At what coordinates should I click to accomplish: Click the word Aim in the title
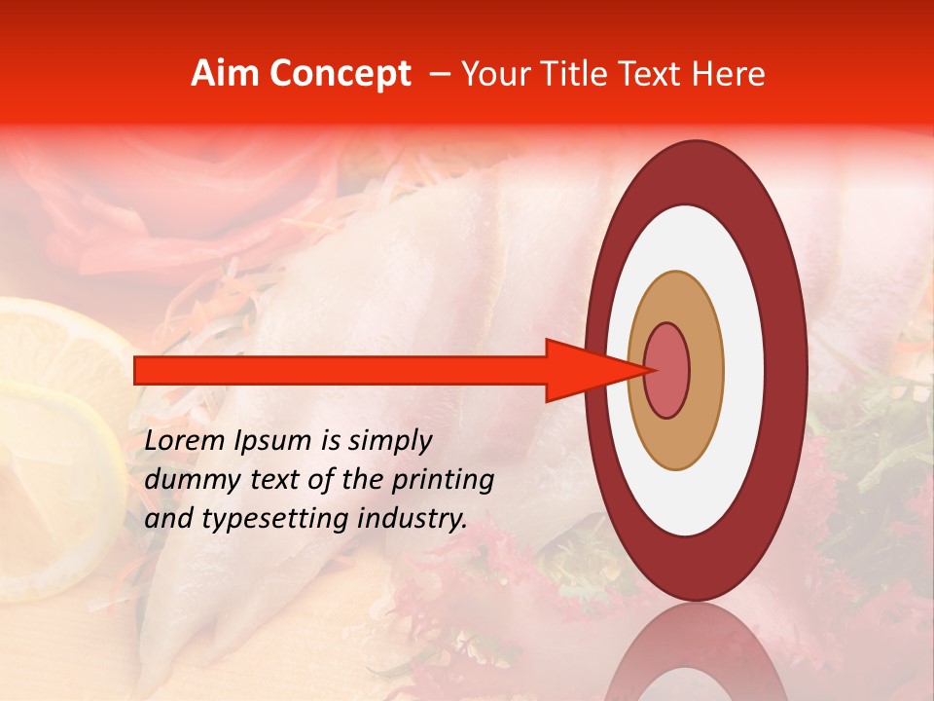click(226, 74)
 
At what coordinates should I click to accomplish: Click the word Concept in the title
click(339, 74)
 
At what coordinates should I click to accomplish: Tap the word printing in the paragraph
click(443, 480)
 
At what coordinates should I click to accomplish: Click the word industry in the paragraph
click(413, 519)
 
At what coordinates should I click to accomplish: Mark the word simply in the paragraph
click(390, 441)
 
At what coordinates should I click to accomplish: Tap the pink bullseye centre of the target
click(666, 370)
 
